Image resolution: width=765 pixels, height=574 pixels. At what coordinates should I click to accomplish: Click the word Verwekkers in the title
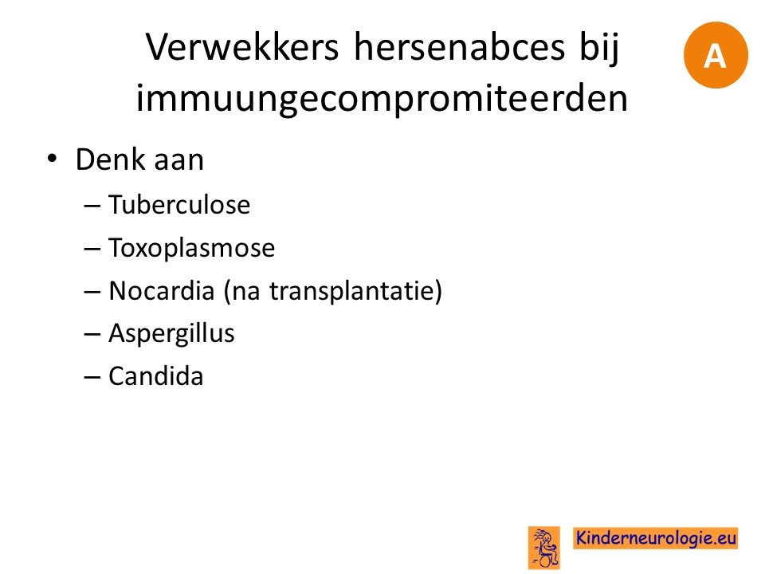pyautogui.click(x=242, y=47)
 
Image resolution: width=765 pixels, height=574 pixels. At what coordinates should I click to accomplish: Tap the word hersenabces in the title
pyautogui.click(x=460, y=47)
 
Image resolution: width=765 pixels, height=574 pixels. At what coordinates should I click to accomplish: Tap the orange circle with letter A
pyautogui.click(x=716, y=55)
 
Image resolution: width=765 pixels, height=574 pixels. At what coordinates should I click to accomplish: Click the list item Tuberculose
pyautogui.click(x=179, y=204)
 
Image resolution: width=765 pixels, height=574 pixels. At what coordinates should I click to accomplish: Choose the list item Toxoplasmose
pyautogui.click(x=192, y=247)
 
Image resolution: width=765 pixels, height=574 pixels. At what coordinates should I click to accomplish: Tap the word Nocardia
pyautogui.click(x=162, y=290)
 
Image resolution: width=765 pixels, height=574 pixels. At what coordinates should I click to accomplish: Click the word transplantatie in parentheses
pyautogui.click(x=351, y=291)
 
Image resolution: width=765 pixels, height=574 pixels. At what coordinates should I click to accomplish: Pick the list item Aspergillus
pyautogui.click(x=172, y=334)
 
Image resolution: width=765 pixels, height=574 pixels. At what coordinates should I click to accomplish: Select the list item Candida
pyautogui.click(x=156, y=376)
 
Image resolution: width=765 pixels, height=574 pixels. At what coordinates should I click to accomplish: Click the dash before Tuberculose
pyautogui.click(x=92, y=206)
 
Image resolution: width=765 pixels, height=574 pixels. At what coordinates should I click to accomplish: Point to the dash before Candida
pyautogui.click(x=92, y=378)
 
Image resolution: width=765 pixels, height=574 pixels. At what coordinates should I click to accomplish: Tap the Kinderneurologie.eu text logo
pyautogui.click(x=655, y=538)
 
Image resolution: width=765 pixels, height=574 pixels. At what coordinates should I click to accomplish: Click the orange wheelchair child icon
pyautogui.click(x=544, y=548)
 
